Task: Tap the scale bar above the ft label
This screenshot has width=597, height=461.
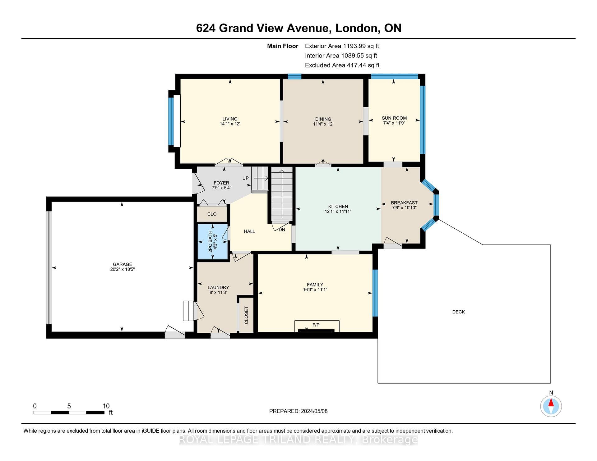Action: coord(69,413)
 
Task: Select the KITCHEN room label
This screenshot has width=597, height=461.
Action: coord(338,206)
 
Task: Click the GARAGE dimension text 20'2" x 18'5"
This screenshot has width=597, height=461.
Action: coord(123,269)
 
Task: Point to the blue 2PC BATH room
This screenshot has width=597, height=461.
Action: coord(213,241)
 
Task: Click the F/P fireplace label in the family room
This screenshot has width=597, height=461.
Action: coord(316,325)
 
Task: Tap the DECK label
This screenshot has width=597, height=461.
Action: coord(458,312)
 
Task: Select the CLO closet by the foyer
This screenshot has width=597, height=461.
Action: coord(212,214)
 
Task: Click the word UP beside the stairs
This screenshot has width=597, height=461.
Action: coord(246,178)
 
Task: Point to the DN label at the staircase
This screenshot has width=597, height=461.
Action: coord(282,230)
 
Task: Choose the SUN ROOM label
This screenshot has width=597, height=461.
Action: coord(394,118)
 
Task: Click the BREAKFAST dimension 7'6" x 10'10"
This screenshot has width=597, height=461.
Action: coord(404,208)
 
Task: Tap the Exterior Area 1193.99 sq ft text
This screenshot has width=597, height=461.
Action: coord(342,46)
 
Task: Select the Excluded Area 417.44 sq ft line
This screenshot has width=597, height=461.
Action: coord(342,65)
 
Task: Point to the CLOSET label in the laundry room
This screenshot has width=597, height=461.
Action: coord(246,315)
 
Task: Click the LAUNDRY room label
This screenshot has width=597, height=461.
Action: coord(218,288)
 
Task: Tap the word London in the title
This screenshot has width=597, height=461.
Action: coord(357,28)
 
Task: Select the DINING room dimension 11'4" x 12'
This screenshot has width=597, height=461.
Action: coord(323,124)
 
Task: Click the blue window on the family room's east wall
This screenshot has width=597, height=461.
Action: coord(375,293)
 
